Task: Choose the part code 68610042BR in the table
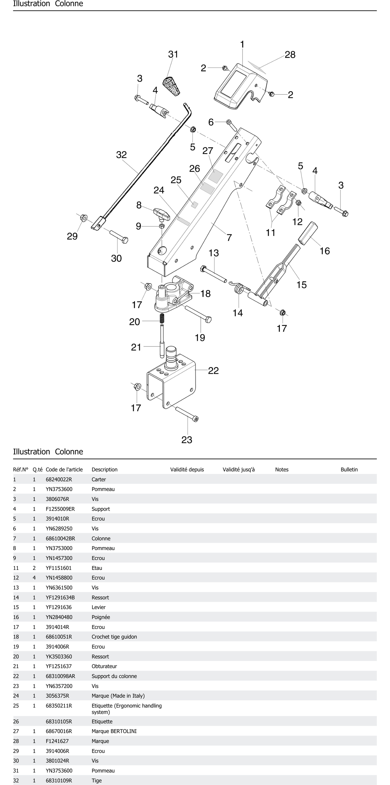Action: (60, 538)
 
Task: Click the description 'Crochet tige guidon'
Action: (114, 637)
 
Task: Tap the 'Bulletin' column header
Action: (349, 470)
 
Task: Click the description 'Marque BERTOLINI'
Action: (114, 731)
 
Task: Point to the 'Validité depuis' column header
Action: (187, 470)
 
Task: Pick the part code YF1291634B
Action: (60, 597)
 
